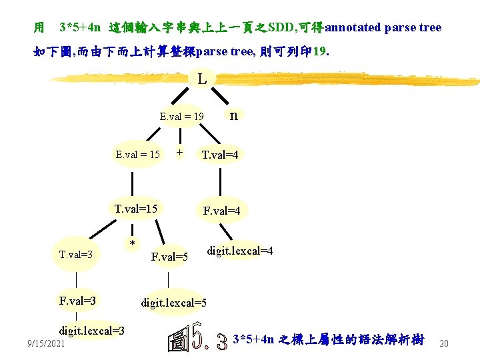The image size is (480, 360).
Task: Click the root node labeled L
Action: coord(202,79)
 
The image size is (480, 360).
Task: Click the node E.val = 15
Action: coord(137,155)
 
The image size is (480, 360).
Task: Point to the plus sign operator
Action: coord(179,153)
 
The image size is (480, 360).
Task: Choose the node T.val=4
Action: coord(220,155)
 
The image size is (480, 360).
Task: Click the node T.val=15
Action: coord(136,209)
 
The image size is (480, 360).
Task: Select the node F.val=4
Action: coord(221,211)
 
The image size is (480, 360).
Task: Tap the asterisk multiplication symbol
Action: coord(133,244)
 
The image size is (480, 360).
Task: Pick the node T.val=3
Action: coord(75,254)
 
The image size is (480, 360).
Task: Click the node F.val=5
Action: coord(170,257)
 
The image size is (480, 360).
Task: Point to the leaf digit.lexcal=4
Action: coord(240,251)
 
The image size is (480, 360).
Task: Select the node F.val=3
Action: coord(77,301)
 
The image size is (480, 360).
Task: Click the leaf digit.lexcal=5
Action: coord(173,303)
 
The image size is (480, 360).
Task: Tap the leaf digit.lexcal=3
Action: coord(91,331)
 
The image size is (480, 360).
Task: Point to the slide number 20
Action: coord(445,343)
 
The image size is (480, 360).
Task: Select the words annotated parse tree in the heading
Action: coord(383,27)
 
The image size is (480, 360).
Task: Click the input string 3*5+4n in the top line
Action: coord(80,27)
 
